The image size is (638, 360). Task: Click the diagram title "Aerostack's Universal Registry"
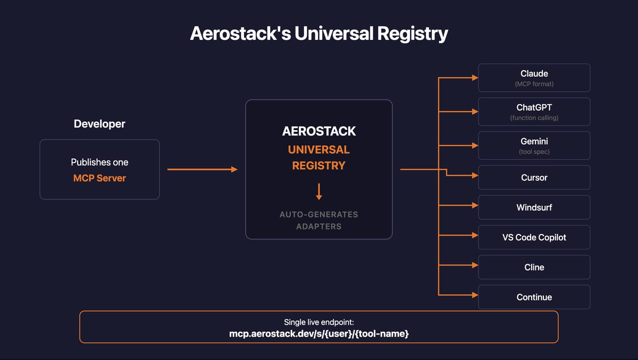319,34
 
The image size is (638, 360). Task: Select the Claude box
534,78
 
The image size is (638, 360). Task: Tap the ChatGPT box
534,112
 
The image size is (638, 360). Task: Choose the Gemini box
534,146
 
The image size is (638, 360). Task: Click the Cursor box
534,178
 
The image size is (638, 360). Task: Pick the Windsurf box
534,207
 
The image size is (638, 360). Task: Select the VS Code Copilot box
534,237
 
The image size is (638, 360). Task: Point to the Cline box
534,267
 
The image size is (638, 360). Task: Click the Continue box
534,297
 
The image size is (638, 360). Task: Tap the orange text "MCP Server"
99,178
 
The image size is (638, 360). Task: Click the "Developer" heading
99,124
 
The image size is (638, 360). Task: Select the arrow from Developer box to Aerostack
202,170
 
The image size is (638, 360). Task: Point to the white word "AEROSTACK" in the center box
319,131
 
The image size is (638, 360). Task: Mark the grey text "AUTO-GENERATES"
319,215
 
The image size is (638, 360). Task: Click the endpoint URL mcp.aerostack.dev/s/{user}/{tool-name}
319,334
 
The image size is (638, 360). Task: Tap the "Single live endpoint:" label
319,322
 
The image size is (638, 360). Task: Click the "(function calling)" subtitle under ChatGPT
534,118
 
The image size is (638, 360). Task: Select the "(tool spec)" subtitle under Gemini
534,152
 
